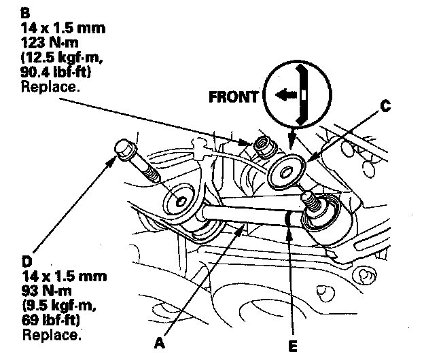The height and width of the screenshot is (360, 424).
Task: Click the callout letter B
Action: pos(25,12)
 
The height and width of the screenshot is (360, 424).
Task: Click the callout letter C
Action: pos(385,106)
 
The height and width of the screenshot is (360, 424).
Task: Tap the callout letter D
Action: pos(26,261)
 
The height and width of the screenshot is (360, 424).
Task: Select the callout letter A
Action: pos(160,343)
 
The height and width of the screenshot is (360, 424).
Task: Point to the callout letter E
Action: pos(293,346)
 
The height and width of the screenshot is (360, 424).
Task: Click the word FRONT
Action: pos(233,96)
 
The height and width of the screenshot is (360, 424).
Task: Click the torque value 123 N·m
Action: pos(50,43)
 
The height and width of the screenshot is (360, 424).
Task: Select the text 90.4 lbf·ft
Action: pos(56,72)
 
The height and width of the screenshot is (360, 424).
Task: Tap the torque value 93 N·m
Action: pos(47,291)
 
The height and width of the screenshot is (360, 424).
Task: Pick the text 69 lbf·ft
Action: pos(51,320)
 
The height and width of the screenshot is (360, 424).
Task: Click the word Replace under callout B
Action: pos(50,87)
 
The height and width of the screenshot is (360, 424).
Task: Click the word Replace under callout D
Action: pos(52,335)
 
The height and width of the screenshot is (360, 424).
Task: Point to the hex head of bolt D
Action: pos(124,149)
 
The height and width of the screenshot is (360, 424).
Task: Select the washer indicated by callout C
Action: pos(286,172)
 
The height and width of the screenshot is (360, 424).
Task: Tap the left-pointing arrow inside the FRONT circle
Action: pos(286,95)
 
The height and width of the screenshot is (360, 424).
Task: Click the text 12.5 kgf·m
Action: pos(62,57)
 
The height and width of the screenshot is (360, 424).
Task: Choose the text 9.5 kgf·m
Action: pos(59,306)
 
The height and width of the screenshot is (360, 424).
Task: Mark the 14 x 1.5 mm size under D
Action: pos(65,276)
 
